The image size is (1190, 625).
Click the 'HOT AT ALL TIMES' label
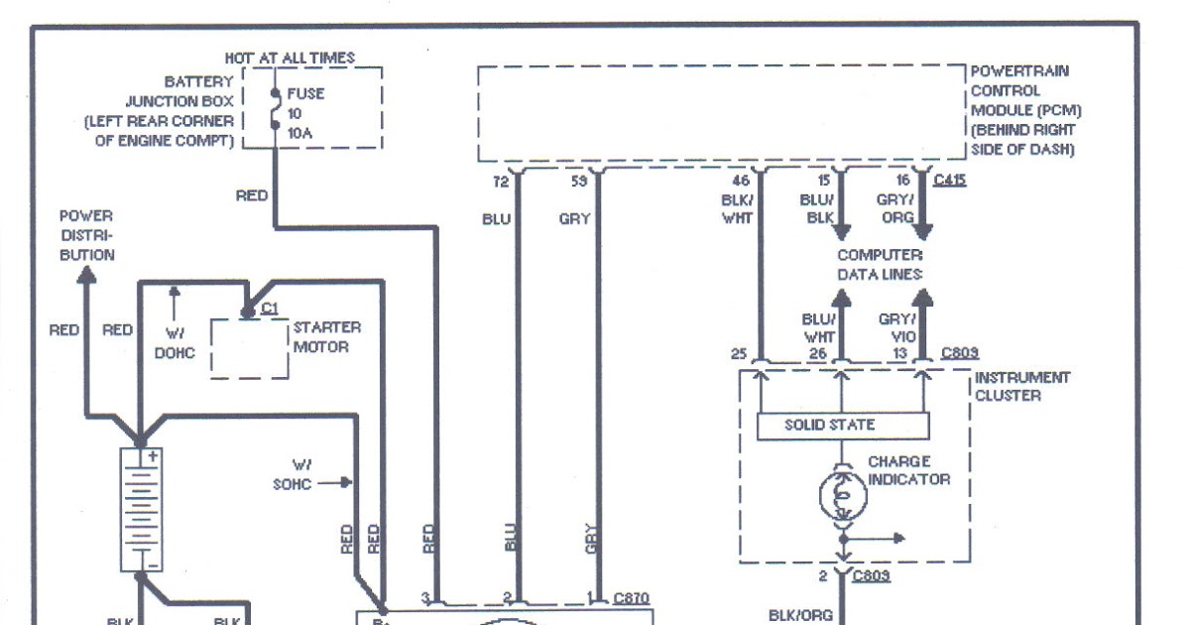pyautogui.click(x=290, y=59)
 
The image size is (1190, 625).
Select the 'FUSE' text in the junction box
pyautogui.click(x=305, y=94)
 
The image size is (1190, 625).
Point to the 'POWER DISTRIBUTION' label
pyautogui.click(x=86, y=235)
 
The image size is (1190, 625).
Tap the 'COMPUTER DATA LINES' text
pyautogui.click(x=880, y=264)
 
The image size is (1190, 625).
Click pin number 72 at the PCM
pyautogui.click(x=501, y=182)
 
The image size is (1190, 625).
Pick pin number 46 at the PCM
pyautogui.click(x=741, y=182)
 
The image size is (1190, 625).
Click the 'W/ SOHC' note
pyautogui.click(x=293, y=474)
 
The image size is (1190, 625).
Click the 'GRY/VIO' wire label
pyautogui.click(x=897, y=327)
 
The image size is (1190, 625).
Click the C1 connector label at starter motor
pyautogui.click(x=268, y=309)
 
